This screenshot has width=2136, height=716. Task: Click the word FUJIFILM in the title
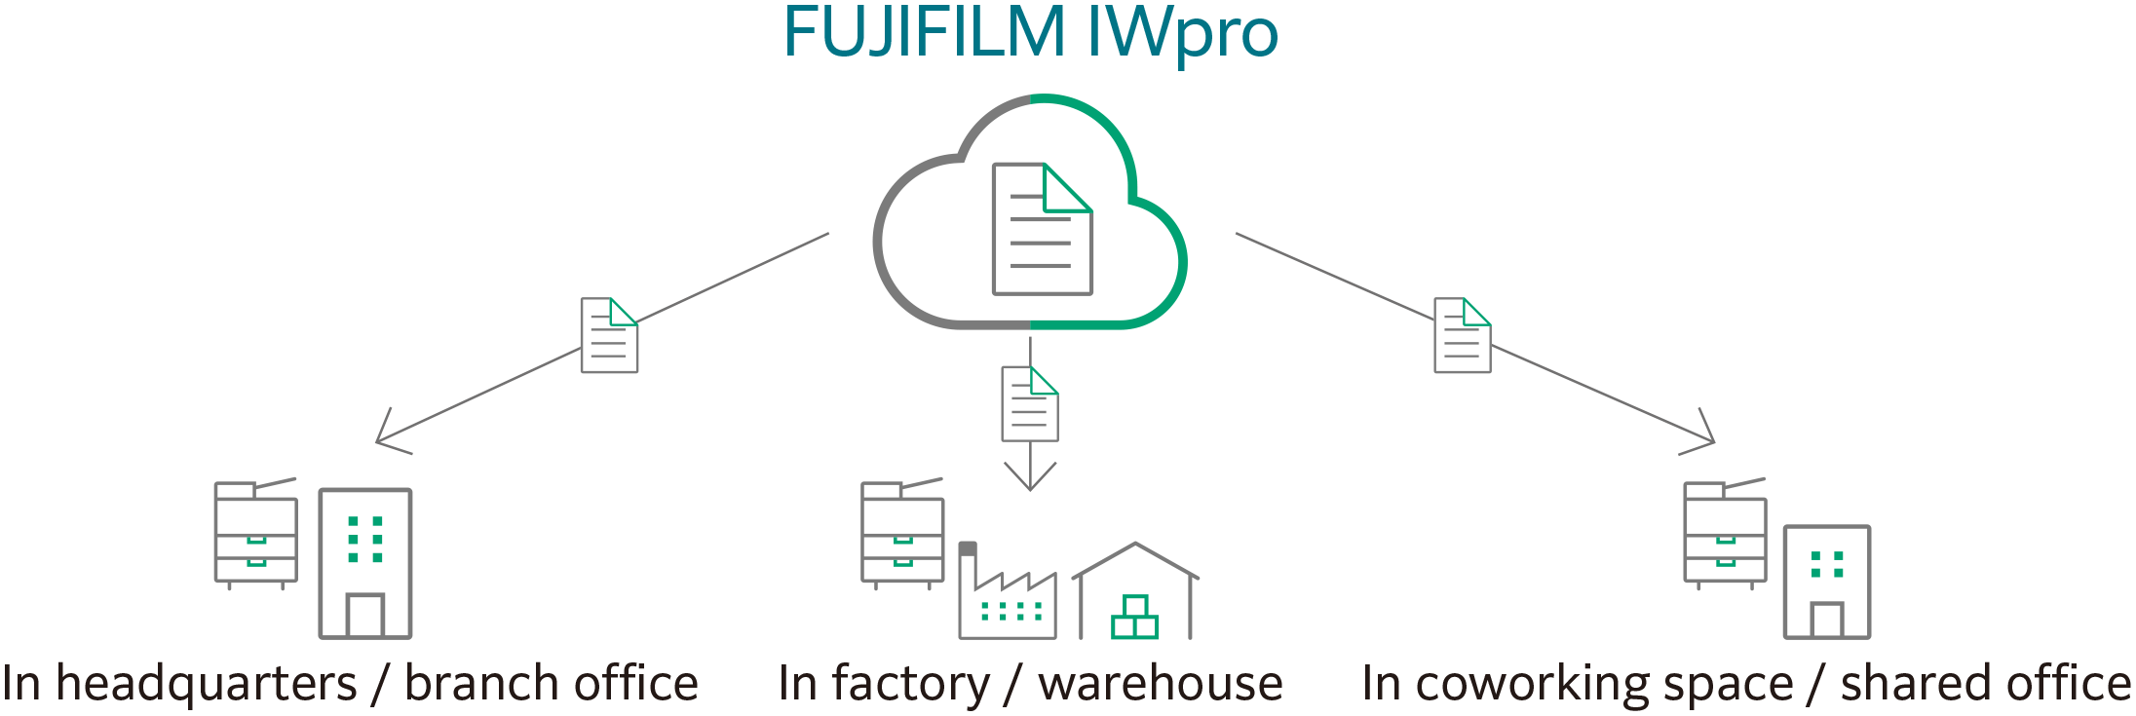pyautogui.click(x=924, y=34)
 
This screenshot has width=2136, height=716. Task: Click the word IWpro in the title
pyautogui.click(x=1181, y=34)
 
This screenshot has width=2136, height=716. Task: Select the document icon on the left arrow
pyautogui.click(x=609, y=335)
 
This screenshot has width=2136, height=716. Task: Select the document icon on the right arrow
pyautogui.click(x=1462, y=335)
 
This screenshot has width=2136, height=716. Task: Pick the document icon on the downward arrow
pyautogui.click(x=1030, y=403)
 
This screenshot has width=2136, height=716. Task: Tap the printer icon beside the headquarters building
pyautogui.click(x=256, y=534)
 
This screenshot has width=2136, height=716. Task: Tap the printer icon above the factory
pyautogui.click(x=902, y=534)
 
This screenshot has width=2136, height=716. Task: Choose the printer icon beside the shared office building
pyautogui.click(x=1725, y=534)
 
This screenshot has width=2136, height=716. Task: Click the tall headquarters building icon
pyautogui.click(x=365, y=563)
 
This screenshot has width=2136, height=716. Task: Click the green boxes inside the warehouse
pyautogui.click(x=1134, y=618)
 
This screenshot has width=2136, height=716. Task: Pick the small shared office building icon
pyautogui.click(x=1826, y=583)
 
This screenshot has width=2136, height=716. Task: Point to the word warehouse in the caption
pyautogui.click(x=1160, y=684)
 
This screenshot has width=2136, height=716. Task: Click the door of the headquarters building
pyautogui.click(x=365, y=616)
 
